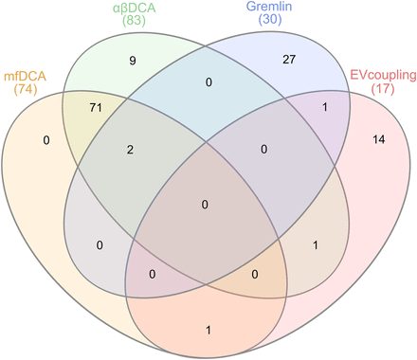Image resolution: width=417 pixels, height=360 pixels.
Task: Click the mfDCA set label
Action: (25, 77)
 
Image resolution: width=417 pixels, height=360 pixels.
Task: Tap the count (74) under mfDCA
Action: (26, 89)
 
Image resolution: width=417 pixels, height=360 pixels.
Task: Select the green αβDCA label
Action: (135, 8)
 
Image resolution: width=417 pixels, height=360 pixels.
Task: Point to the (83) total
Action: (135, 21)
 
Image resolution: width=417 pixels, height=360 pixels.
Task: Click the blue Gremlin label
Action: (269, 7)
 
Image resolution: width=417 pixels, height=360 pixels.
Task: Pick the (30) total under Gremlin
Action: (270, 19)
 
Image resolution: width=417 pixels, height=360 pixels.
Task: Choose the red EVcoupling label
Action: (383, 76)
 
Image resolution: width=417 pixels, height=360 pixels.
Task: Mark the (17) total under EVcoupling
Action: (383, 89)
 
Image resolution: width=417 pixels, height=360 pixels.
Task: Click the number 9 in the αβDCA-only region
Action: (133, 61)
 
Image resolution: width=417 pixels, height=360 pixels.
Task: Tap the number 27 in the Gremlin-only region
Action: (289, 60)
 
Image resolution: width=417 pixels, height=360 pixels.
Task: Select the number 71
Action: (96, 108)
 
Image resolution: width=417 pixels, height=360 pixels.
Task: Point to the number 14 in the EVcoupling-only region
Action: (379, 139)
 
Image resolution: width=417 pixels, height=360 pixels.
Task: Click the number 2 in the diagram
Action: (130, 150)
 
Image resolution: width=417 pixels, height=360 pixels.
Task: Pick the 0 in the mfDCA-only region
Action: (46, 140)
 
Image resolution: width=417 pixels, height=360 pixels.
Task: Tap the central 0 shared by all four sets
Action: (205, 205)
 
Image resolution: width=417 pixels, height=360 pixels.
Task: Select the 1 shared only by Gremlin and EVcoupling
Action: (325, 107)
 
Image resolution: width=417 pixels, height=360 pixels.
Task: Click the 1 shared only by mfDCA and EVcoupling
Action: (208, 331)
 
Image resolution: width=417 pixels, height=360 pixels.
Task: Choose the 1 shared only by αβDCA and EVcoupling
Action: (315, 245)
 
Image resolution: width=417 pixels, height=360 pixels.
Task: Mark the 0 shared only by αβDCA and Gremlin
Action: (208, 82)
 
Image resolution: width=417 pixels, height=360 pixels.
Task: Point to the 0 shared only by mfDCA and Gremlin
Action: (100, 245)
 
